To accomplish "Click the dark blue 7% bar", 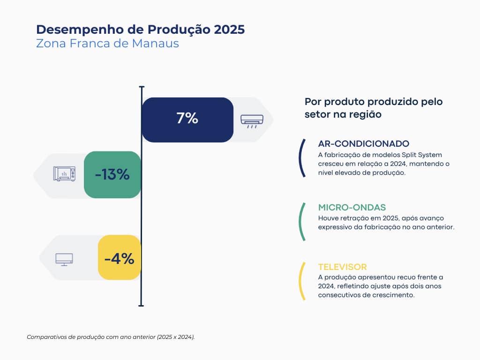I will click(187, 120).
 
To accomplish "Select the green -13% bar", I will click(112, 175).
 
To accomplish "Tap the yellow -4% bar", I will click(119, 258).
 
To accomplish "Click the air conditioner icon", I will click(252, 120).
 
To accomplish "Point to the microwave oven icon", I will click(64, 173).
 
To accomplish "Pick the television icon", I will click(64, 259).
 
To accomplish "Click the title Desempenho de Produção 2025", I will click(140, 30).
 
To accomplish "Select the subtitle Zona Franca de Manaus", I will click(107, 44).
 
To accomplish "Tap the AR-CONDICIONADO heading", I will click(363, 143).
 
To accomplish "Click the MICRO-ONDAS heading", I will click(352, 207).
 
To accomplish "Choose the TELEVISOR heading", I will click(342, 267).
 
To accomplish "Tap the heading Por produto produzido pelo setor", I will click(374, 108).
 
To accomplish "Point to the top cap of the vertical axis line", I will click(142, 87).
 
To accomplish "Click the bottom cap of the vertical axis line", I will click(142, 305).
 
